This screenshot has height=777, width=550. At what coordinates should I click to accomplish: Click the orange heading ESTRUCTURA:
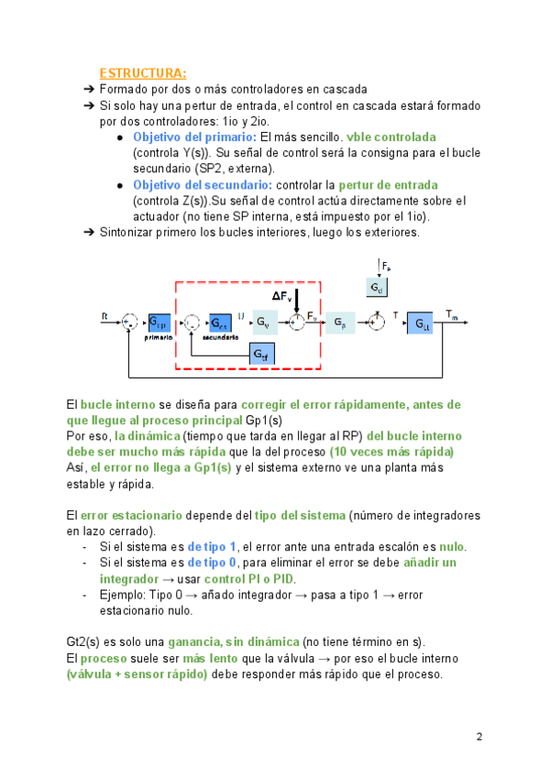point(143,73)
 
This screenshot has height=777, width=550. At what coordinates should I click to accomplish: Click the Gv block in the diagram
point(264,323)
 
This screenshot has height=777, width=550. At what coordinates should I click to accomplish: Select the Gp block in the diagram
point(340,323)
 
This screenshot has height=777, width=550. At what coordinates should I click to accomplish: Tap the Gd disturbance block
point(378,288)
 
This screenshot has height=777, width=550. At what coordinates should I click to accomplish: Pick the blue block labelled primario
point(159,323)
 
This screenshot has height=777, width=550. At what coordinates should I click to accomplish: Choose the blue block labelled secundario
point(219,323)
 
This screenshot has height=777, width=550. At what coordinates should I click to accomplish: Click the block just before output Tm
point(421,323)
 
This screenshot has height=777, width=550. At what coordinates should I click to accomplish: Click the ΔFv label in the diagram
point(282,296)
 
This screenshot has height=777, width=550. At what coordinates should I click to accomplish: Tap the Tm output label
point(452,315)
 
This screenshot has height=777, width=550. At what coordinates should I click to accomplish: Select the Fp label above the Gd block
point(386,267)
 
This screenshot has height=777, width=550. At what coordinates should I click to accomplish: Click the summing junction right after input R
point(131,323)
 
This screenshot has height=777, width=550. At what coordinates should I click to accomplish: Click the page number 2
point(478,737)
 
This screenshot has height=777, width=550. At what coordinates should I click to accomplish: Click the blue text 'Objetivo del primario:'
point(194,137)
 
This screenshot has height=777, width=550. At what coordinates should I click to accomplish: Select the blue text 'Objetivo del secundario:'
point(202,184)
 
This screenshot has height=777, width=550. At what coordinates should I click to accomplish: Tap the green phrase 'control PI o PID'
point(250,579)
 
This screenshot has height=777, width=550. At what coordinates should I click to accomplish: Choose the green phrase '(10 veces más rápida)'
point(391,452)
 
